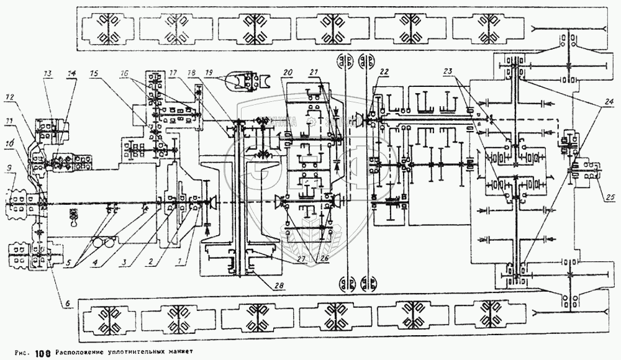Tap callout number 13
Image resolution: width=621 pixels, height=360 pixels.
pyautogui.click(x=47, y=73)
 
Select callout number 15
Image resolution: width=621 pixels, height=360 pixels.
pyautogui.click(x=93, y=73)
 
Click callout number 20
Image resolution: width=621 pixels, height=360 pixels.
pyautogui.click(x=287, y=73)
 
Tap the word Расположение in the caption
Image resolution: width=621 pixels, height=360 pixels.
pyautogui.click(x=84, y=354)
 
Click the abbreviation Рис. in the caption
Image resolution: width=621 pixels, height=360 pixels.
pyautogui.click(x=17, y=354)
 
